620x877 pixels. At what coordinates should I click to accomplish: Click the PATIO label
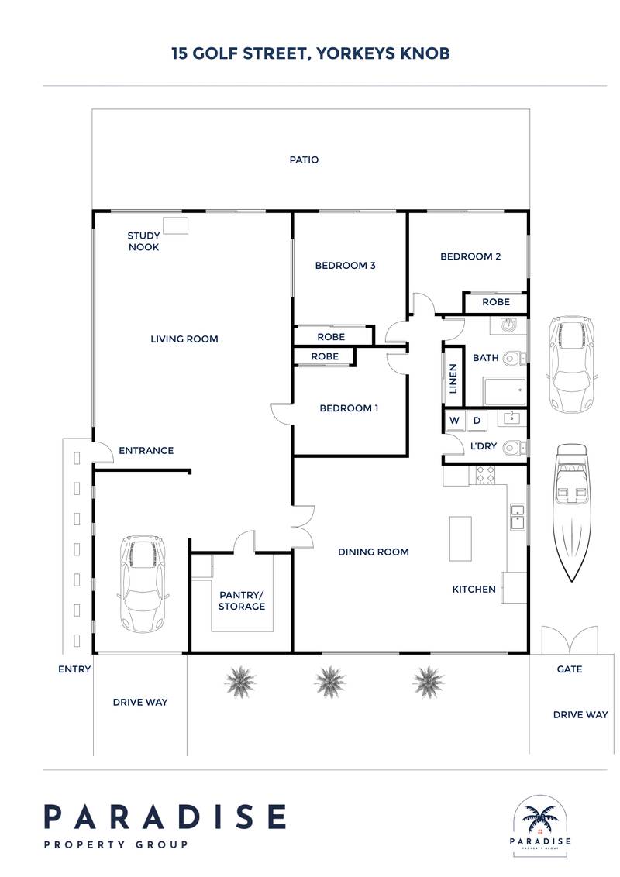coord(304,160)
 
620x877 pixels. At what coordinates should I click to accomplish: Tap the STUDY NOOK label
coord(144,242)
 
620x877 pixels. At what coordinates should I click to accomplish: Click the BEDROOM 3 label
coord(345,266)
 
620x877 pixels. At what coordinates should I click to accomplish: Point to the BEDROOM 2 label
coord(470,256)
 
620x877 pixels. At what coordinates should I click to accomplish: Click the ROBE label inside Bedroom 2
coord(496,302)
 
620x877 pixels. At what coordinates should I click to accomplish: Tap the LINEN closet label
coord(453,378)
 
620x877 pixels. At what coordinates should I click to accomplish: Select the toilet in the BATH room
coord(514,358)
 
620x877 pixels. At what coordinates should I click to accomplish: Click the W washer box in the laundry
coord(455,420)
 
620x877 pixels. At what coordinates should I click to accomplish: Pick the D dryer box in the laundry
coord(477,420)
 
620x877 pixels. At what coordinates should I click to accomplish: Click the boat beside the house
coord(571,513)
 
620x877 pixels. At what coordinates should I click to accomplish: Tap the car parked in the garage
coord(142,583)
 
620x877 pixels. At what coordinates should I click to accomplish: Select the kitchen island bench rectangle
coord(460,538)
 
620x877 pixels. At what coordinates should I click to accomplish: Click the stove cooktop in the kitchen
coord(485,475)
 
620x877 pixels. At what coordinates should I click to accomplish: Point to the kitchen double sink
coord(517,517)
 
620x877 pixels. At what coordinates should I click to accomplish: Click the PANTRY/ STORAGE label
coord(242,600)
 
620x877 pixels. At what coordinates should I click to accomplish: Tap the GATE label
coord(570,669)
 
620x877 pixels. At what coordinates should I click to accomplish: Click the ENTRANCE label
coord(146,451)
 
